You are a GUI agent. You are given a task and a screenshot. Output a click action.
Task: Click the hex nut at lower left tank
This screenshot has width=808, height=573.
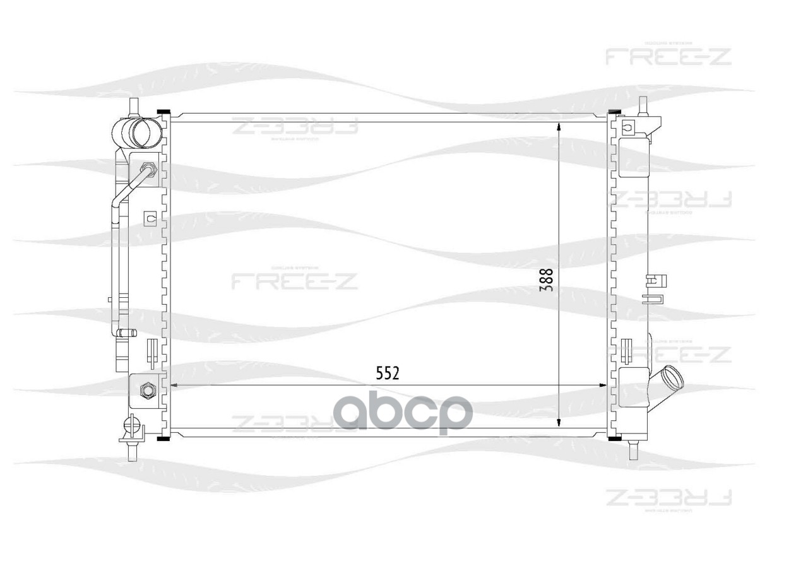point(148,391)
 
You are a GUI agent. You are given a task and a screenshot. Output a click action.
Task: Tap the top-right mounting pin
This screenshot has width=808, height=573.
point(643,105)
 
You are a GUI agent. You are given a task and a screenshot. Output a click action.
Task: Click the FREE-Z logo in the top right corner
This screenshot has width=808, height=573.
point(668,56)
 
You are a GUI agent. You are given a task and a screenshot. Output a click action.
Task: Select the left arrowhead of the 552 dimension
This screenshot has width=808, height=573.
point(175,386)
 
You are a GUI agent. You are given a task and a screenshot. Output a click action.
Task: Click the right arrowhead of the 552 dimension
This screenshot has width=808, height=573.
point(602,386)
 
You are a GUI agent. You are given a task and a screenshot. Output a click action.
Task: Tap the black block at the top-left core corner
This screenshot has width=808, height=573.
point(163,114)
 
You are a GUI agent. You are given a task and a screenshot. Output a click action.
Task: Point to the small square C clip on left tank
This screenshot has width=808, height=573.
point(150,218)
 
